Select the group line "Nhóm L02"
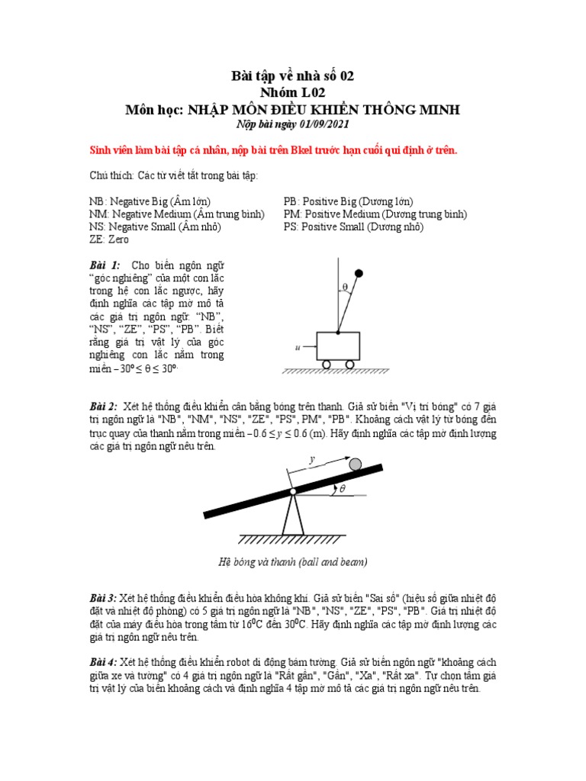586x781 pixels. coord(293,92)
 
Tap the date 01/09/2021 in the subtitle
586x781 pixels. coord(321,125)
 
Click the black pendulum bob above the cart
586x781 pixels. coord(359,272)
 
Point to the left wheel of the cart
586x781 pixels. coord(327,364)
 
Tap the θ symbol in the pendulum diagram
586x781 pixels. coord(345,288)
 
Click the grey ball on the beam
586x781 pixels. coord(355,464)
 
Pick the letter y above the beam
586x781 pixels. coord(311,460)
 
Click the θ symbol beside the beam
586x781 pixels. coord(342,490)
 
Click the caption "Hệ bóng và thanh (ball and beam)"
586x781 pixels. coord(293,562)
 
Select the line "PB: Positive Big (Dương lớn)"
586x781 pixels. coord(348,202)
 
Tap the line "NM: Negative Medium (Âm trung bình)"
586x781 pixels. coord(176,214)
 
